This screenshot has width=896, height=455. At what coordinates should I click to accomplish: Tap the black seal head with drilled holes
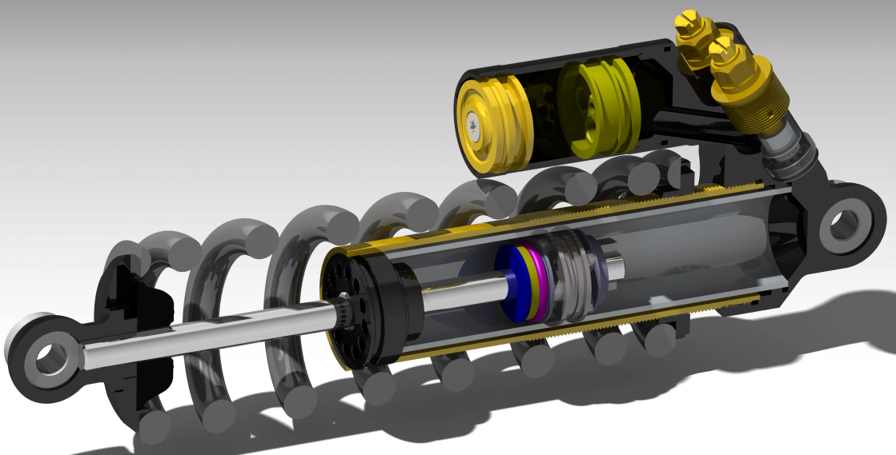click(360, 312)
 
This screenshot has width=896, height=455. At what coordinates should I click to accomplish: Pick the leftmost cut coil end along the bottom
click(156, 428)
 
